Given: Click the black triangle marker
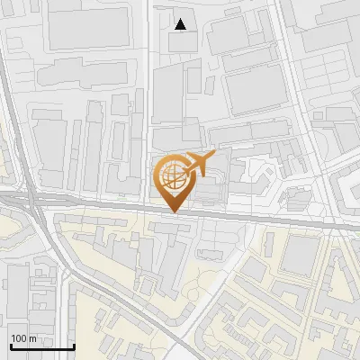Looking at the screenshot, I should (x=181, y=24).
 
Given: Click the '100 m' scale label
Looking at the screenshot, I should (x=23, y=338).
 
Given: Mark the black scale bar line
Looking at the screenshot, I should (x=41, y=346).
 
